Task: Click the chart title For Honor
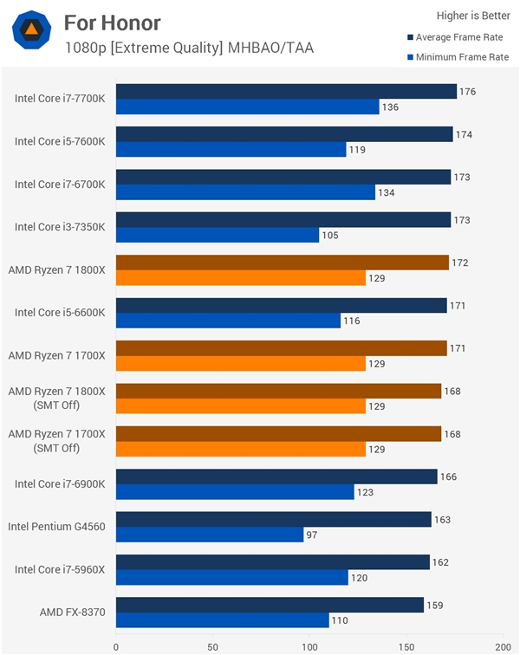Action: tap(112, 22)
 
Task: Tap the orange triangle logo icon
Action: tap(30, 30)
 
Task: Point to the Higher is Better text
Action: tap(472, 15)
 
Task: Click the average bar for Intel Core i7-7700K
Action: tap(286, 92)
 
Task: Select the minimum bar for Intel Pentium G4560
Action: tap(210, 535)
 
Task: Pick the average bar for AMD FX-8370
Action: tap(270, 605)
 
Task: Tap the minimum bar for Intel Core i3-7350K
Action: tap(218, 235)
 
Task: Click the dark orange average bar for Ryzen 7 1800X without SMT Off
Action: tap(283, 263)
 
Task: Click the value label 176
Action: tap(468, 92)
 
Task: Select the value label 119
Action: tap(357, 149)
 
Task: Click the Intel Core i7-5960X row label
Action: tap(60, 569)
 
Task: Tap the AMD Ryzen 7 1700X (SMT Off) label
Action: tap(56, 441)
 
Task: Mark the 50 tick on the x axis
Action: tap(212, 645)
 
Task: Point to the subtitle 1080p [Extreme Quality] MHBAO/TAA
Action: tap(189, 48)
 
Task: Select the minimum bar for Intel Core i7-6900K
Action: tap(235, 492)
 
